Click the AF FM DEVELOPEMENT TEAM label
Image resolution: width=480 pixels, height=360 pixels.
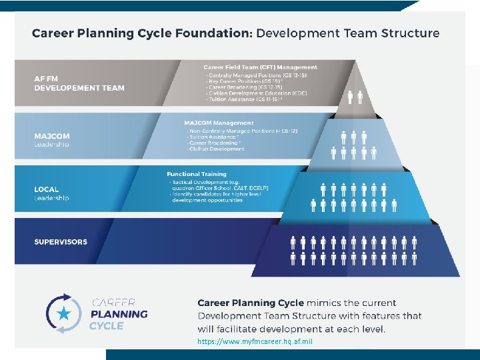79,83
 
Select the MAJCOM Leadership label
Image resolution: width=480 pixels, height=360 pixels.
52,140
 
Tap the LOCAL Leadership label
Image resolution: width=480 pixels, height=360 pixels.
51,193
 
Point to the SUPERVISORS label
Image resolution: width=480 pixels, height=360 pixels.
61,242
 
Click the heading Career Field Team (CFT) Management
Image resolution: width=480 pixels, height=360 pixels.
260,67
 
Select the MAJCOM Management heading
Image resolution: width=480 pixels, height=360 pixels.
219,123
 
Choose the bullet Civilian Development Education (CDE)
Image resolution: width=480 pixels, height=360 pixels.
248,94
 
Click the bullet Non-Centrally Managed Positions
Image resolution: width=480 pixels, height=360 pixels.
243,131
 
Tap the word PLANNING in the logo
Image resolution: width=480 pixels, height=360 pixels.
119,314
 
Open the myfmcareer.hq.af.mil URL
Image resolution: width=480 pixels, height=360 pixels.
255,341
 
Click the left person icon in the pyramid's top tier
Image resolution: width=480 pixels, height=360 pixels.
351,97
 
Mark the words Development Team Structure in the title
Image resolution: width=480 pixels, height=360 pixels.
348,33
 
